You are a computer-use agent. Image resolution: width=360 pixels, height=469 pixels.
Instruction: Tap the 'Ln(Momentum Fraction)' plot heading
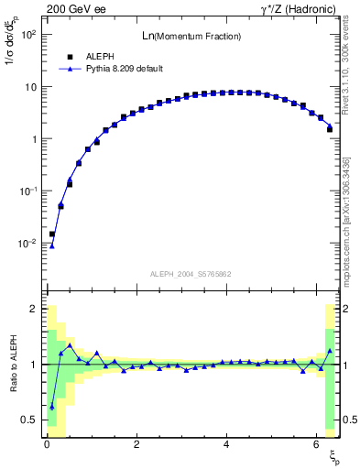tap(191, 36)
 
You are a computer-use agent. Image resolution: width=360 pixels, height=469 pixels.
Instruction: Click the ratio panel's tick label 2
tap(34, 309)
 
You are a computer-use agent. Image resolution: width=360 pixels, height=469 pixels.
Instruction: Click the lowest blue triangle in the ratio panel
tap(52, 407)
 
